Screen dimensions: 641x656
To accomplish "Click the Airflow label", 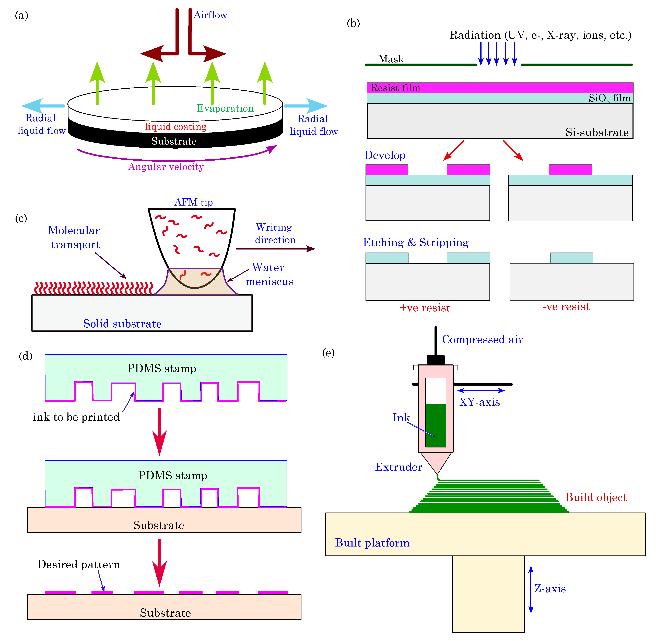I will (210, 15).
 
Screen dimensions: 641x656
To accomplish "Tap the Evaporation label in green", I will (225, 108).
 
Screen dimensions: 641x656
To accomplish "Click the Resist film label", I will (395, 88).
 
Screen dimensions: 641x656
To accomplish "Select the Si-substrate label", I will (597, 132).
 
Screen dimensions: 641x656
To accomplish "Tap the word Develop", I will (385, 155).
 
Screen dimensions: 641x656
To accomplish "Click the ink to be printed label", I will (76, 417).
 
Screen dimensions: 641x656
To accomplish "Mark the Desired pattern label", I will (78, 565).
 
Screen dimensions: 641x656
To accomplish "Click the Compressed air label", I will (482, 339).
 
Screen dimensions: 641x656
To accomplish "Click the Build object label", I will (596, 497).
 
